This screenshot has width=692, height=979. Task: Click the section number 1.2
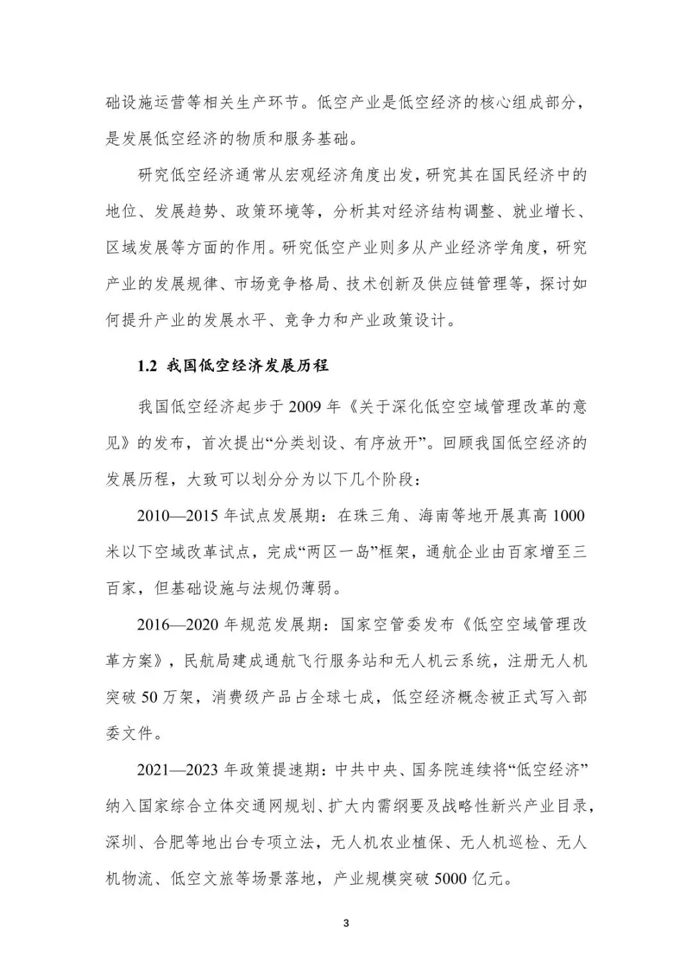point(147,366)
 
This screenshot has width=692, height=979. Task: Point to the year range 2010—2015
point(178,515)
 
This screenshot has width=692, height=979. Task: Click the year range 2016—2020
point(178,624)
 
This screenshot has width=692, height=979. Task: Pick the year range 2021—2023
point(178,770)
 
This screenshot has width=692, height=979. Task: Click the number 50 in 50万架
point(149,697)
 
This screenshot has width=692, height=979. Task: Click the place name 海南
point(434,515)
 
